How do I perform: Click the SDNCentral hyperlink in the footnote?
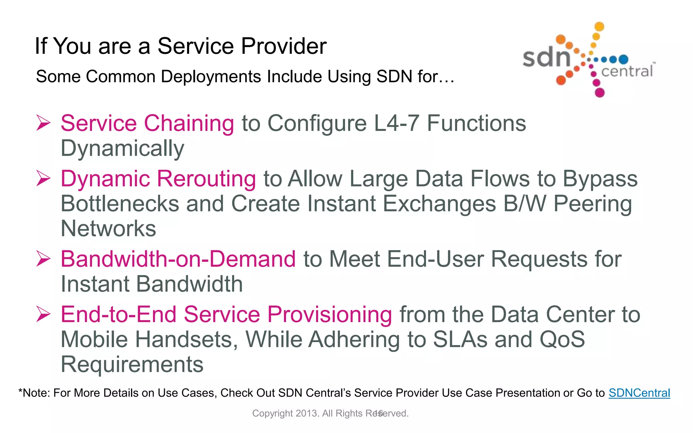coord(639,393)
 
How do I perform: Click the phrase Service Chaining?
coord(147,123)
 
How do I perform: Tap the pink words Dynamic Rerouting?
coord(158,179)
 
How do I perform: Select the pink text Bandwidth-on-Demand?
coord(178,259)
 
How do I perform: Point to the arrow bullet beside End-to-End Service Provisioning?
coord(43,314)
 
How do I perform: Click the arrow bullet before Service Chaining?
coord(43,123)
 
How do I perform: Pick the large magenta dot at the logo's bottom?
coord(600,92)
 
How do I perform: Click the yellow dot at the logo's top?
coord(599,26)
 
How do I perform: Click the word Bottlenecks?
coord(120,204)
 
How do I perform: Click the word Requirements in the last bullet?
coord(132,365)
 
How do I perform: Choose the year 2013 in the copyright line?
coord(307,413)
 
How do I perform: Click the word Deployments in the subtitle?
coord(210,76)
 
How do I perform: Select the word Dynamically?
coord(122,148)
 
